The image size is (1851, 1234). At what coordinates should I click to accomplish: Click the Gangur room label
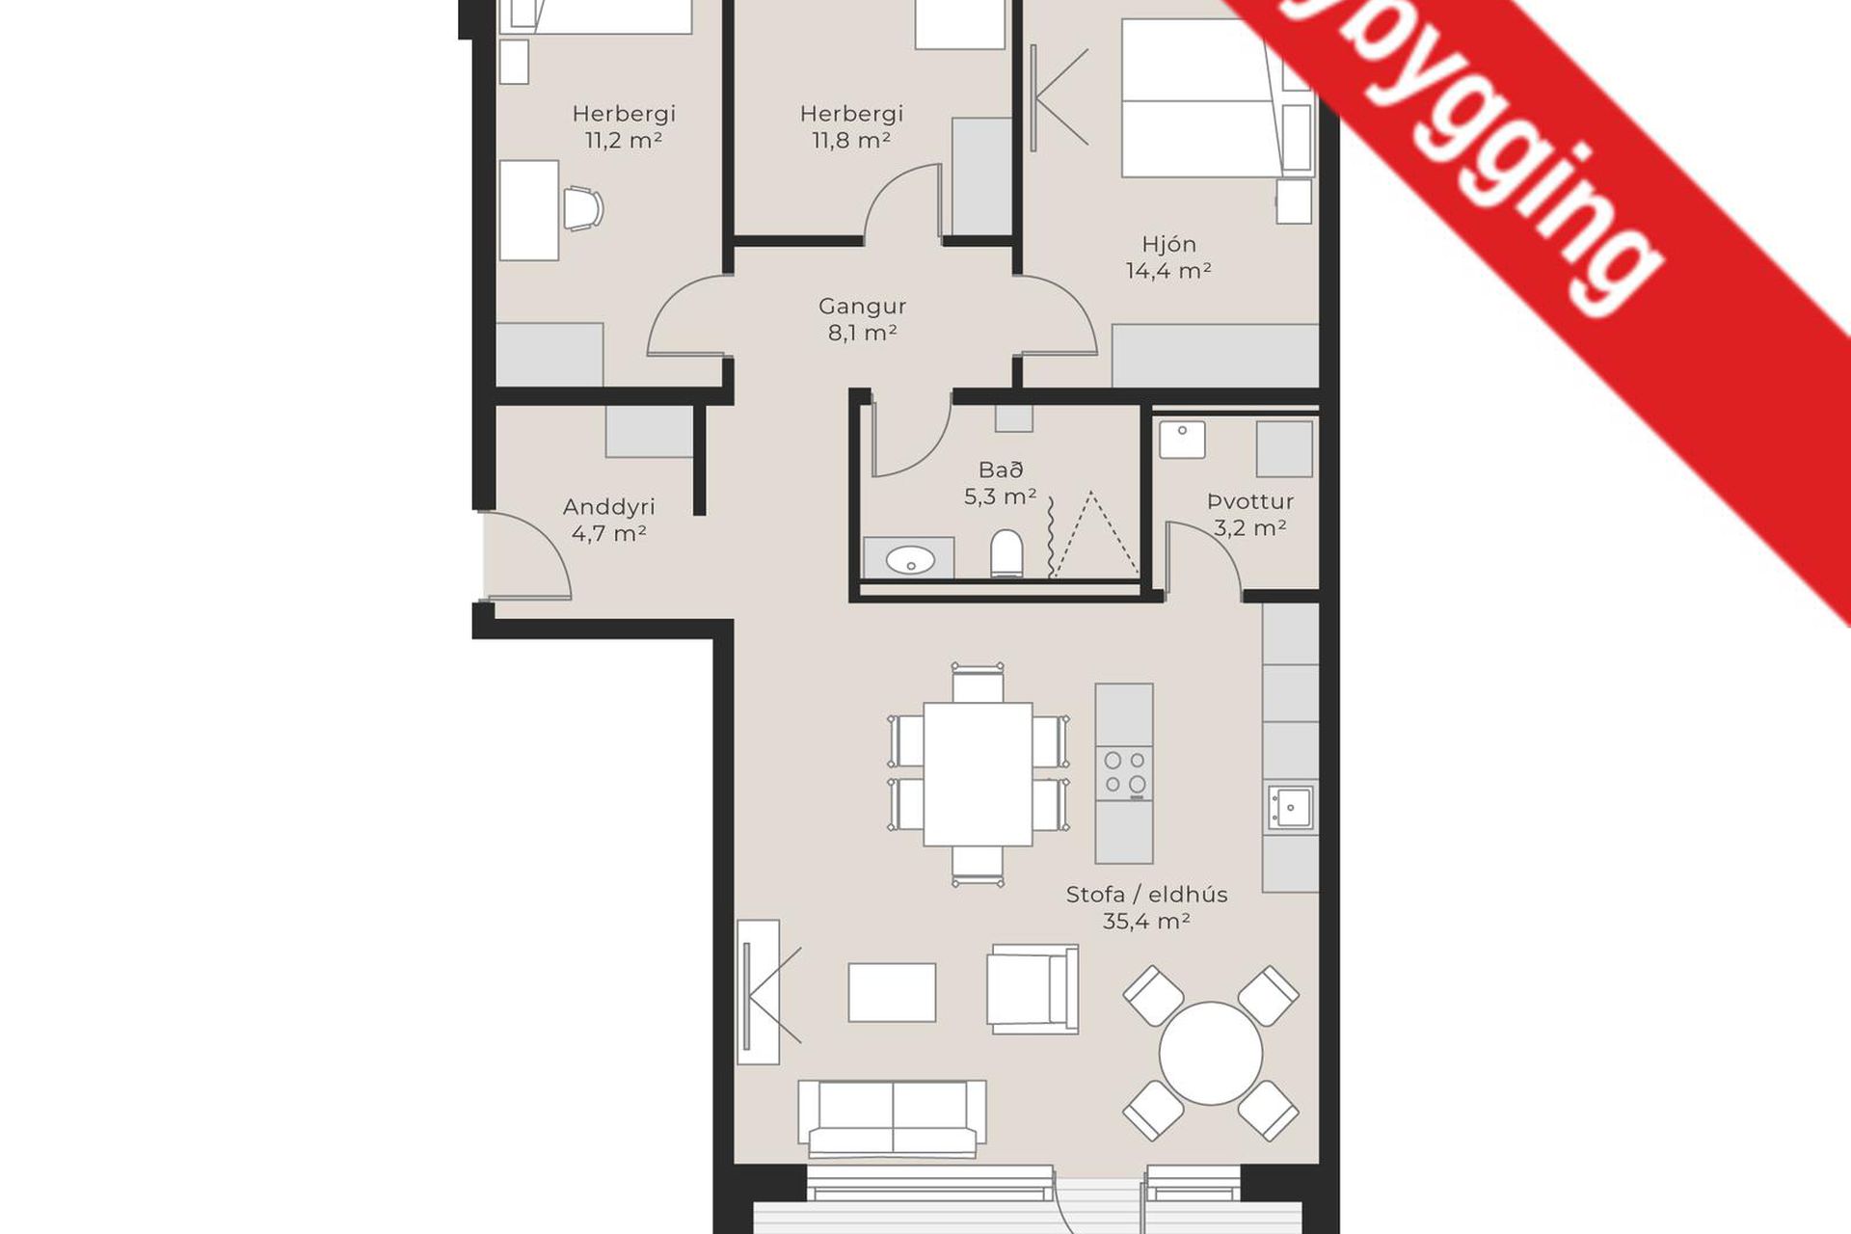[862, 307]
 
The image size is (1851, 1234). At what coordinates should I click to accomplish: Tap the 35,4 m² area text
[1145, 922]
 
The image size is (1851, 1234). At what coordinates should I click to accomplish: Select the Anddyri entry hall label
[608, 507]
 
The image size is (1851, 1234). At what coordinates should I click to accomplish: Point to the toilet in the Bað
[1006, 553]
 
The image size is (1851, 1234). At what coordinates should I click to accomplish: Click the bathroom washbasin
[909, 559]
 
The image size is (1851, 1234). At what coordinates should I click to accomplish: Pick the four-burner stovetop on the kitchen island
[1124, 773]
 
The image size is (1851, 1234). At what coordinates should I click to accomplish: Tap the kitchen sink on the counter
[1290, 807]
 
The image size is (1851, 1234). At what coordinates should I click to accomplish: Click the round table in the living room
[1210, 1054]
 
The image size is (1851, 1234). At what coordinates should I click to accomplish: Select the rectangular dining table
[978, 774]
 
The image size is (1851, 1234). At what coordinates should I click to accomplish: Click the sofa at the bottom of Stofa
[892, 1118]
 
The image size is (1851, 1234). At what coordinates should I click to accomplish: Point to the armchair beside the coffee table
[1032, 988]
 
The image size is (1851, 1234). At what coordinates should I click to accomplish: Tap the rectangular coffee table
[892, 992]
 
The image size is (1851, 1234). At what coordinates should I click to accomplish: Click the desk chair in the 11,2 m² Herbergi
[582, 209]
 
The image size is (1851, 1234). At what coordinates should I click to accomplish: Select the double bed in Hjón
[1200, 99]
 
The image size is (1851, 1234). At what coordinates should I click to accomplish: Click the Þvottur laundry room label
[1250, 501]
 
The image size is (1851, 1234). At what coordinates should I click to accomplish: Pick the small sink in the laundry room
[1182, 440]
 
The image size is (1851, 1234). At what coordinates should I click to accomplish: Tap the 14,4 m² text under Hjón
[1168, 272]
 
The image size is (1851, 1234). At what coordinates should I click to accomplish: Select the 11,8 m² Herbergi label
[851, 127]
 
